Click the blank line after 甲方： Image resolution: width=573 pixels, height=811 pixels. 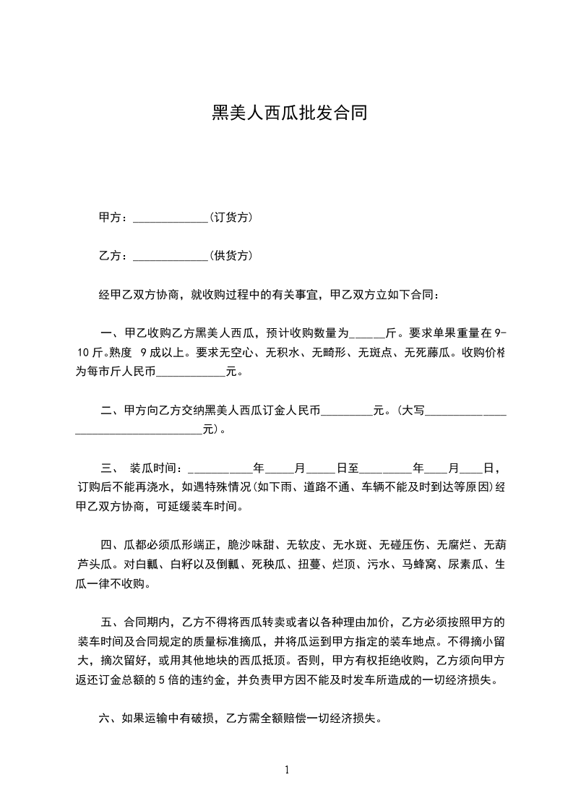171,218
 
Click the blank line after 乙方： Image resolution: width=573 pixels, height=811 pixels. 171,257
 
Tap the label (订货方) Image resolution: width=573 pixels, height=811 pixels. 231,218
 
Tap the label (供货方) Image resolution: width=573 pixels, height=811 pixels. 231,256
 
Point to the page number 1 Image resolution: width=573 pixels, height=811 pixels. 287,770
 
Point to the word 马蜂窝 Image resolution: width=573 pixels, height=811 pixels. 419,564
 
